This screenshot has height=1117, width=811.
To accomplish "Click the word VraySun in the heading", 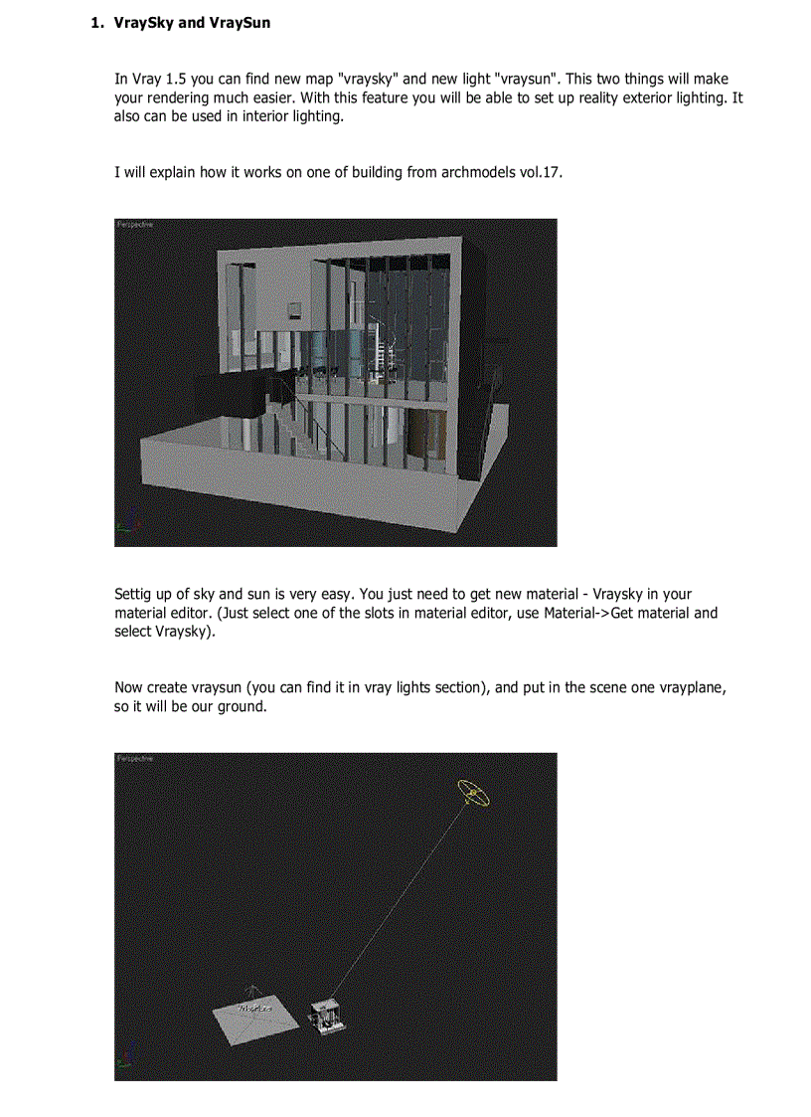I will click(239, 22).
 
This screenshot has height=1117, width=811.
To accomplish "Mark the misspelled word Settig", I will click(135, 595).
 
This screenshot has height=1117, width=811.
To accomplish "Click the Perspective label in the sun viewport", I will click(134, 759).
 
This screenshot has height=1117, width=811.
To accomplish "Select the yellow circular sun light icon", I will click(473, 793).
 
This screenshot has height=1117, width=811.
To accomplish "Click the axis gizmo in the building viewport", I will click(123, 534).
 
